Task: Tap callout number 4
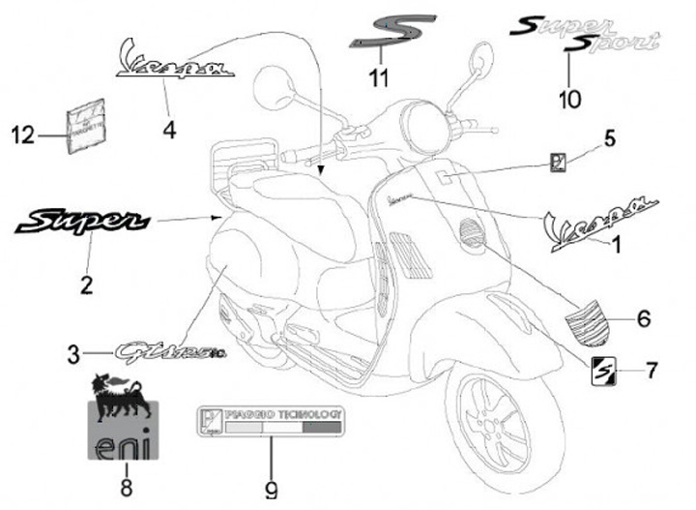(170, 129)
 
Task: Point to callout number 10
(570, 98)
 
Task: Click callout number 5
(609, 138)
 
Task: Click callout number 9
(272, 490)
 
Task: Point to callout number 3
(74, 355)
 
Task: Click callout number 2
(86, 285)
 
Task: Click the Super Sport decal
(586, 34)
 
